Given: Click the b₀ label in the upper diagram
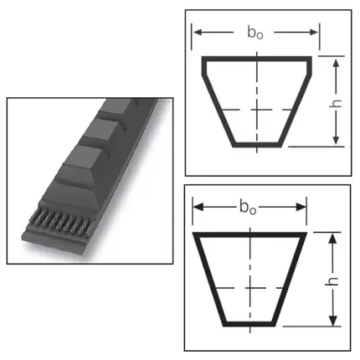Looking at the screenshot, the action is tap(255, 32).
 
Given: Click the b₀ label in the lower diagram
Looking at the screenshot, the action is tap(248, 208).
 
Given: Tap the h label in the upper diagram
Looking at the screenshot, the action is tap(337, 103).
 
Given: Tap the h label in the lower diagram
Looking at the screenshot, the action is tap(332, 281).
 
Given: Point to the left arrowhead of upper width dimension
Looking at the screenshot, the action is tap(198, 32).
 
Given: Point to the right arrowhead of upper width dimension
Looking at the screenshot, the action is tap(313, 32).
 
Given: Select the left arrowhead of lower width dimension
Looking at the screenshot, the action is tap(198, 207).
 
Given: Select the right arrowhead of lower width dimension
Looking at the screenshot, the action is tap(301, 207).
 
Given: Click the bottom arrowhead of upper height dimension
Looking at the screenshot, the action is tap(337, 140).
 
